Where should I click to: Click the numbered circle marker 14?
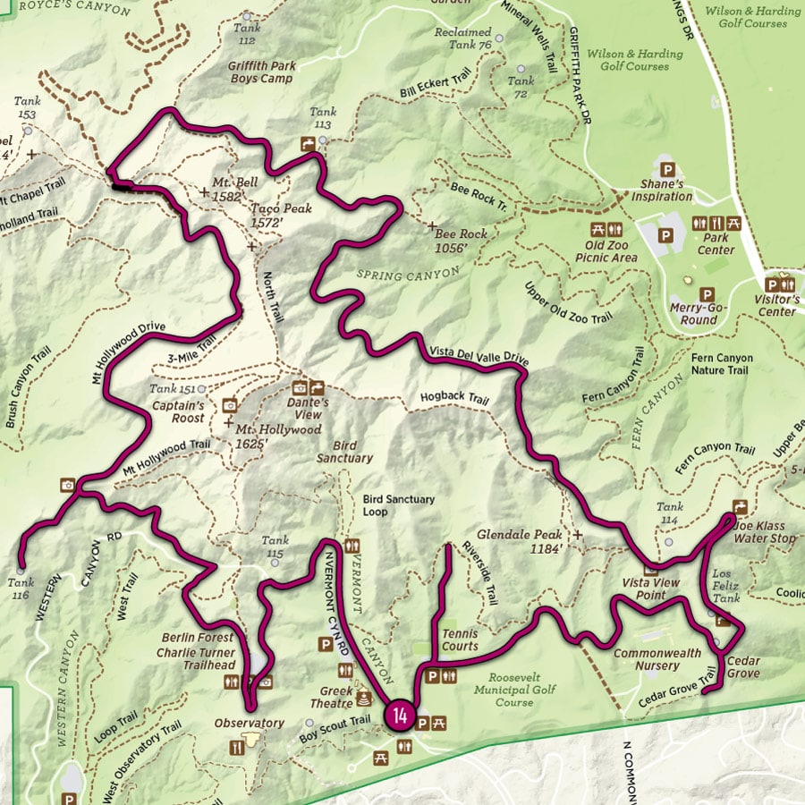coord(399,716)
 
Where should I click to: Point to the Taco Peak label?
coord(281,215)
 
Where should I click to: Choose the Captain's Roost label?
coord(176,412)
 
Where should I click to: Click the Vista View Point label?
coord(651,589)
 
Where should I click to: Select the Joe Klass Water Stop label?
coord(764,533)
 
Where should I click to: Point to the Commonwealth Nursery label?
coord(657,659)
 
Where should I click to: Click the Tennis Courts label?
coord(460,640)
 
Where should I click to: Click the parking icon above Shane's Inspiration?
coord(665,169)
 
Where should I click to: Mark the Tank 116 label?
coord(21,589)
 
